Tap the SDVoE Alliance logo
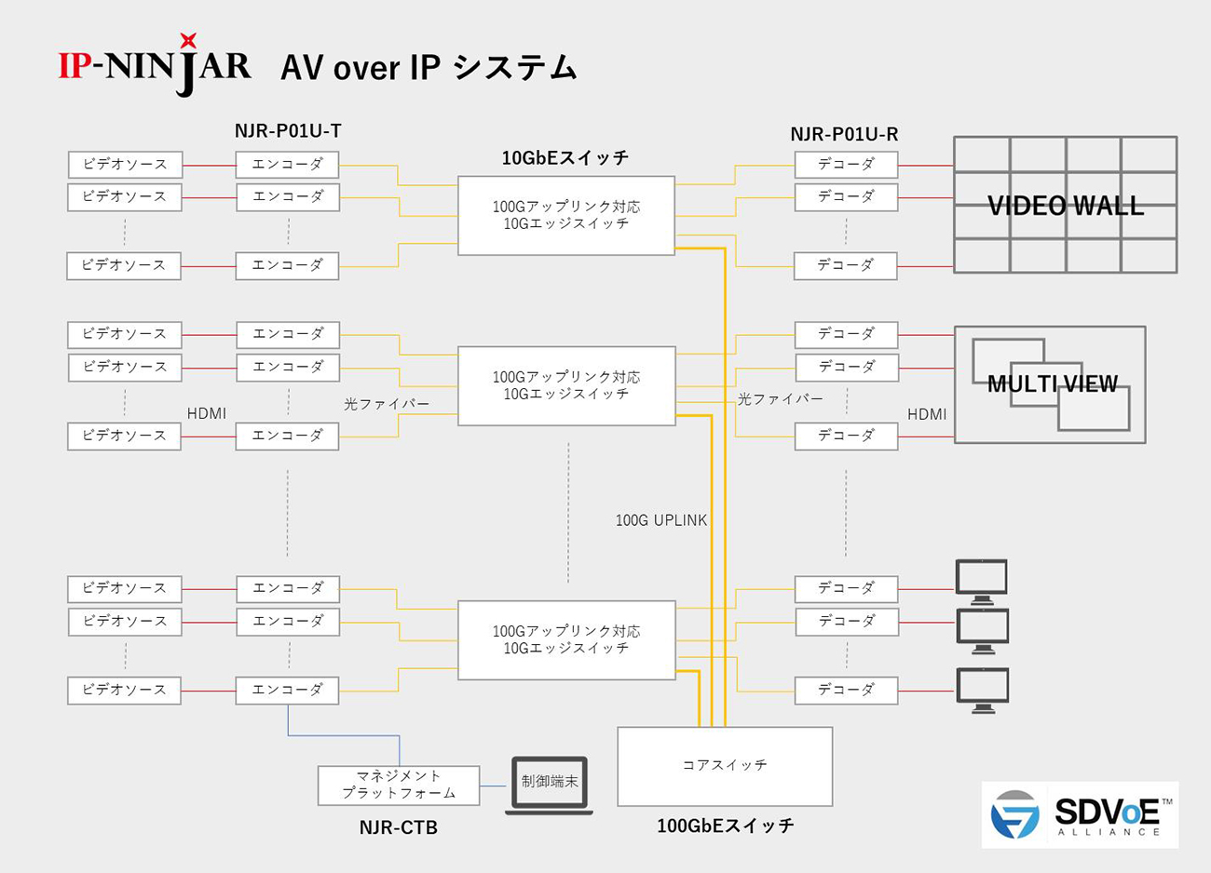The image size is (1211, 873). [1080, 815]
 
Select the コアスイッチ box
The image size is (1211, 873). [725, 766]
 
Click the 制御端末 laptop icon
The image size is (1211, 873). [549, 785]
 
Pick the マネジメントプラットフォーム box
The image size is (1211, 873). [399, 785]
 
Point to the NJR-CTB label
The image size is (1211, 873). [398, 827]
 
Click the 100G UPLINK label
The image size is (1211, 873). [661, 520]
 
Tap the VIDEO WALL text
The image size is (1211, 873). [1066, 206]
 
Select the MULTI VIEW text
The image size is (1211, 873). [1052, 383]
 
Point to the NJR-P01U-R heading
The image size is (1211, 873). [844, 134]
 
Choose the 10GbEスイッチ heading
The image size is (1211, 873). [565, 157]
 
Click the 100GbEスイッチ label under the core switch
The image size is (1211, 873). [726, 826]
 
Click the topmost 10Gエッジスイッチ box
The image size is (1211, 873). [566, 215]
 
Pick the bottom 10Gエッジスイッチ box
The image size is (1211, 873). [566, 639]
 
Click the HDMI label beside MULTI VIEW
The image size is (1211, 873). [927, 414]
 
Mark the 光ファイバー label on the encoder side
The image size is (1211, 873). [387, 404]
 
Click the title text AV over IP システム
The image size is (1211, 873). [429, 68]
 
